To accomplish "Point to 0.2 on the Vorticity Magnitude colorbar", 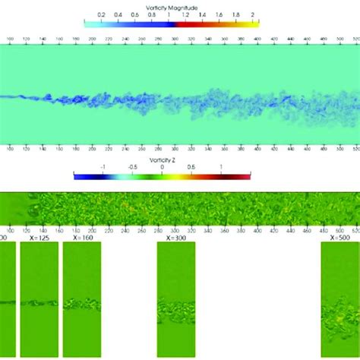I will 102,14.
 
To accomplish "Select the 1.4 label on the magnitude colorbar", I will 203,14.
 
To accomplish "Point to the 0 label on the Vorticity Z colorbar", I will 163,168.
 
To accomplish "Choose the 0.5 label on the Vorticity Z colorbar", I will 191,168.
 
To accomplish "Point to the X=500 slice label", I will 340,238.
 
